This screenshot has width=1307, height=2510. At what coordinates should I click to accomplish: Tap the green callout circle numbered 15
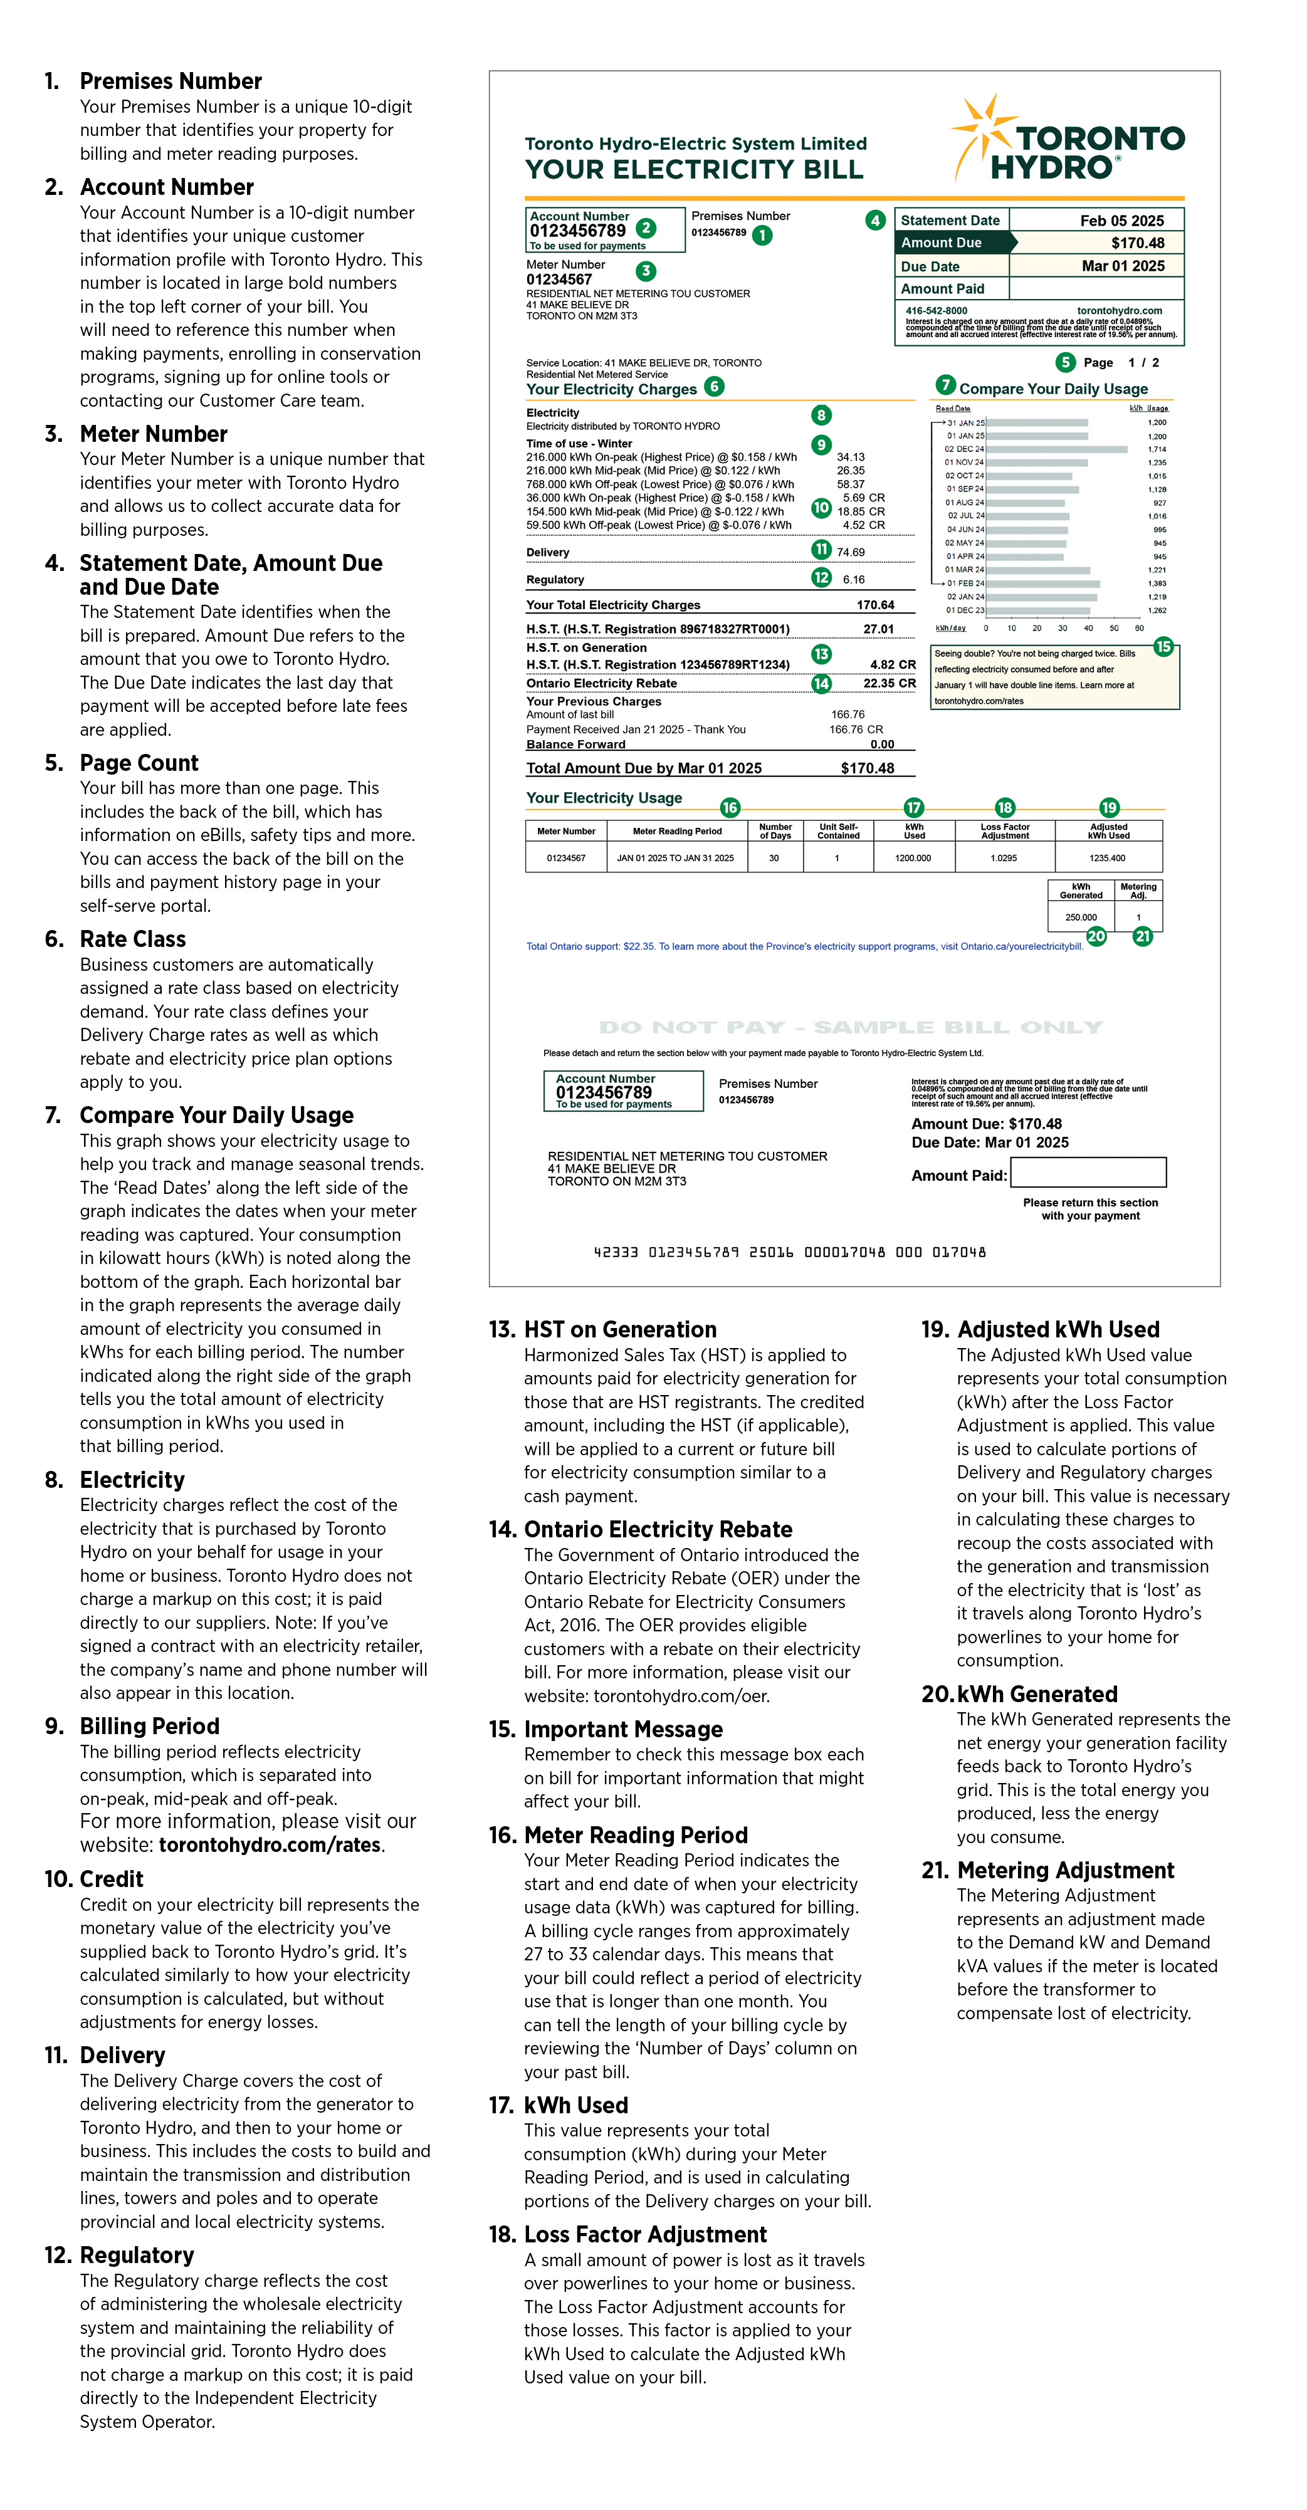1163,647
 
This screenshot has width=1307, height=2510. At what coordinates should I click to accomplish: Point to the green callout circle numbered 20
1096,936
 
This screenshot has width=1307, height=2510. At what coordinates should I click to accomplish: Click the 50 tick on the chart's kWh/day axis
1114,629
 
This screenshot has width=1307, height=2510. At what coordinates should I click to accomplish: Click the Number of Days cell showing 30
774,859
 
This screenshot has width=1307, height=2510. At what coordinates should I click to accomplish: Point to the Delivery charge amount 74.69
851,553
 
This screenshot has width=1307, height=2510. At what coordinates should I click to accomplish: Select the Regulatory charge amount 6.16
854,580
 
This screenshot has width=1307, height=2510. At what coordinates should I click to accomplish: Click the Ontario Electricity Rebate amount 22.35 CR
889,684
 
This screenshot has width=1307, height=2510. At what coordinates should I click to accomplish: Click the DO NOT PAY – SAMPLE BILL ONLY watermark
851,1028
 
